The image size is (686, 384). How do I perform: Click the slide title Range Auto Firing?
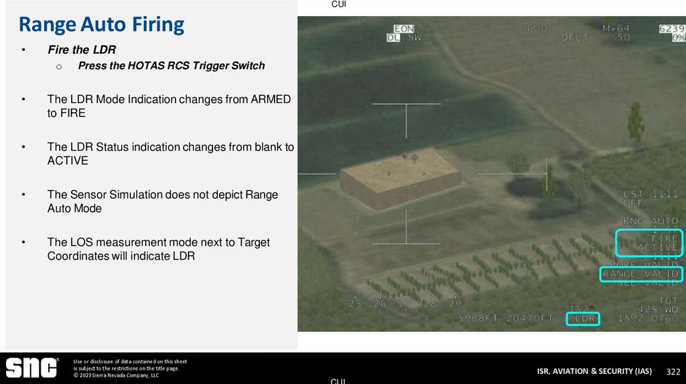[x=101, y=25]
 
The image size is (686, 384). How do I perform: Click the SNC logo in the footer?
[x=31, y=368]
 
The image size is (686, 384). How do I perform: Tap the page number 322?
[x=673, y=371]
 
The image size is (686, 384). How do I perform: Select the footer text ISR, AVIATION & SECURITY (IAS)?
[x=594, y=371]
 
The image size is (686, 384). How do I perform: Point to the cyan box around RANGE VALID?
[x=640, y=274]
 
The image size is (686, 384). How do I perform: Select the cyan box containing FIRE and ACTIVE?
[x=648, y=243]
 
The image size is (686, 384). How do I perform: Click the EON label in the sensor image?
[x=404, y=29]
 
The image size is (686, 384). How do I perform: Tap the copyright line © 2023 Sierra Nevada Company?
[x=116, y=375]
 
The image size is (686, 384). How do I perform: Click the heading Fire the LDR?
[x=82, y=50]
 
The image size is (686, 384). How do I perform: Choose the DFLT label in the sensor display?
[x=575, y=37]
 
